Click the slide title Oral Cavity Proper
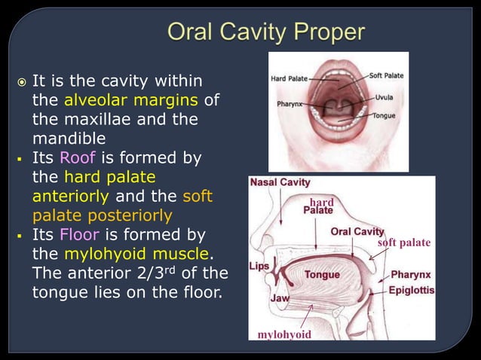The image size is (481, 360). click(265, 32)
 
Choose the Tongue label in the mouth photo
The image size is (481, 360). click(385, 115)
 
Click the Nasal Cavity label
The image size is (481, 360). click(280, 182)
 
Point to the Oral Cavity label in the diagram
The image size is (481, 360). click(357, 231)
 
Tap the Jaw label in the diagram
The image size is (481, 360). click(280, 298)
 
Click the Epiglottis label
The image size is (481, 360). click(411, 289)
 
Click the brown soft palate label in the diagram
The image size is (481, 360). click(404, 243)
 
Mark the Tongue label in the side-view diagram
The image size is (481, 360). click(322, 275)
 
